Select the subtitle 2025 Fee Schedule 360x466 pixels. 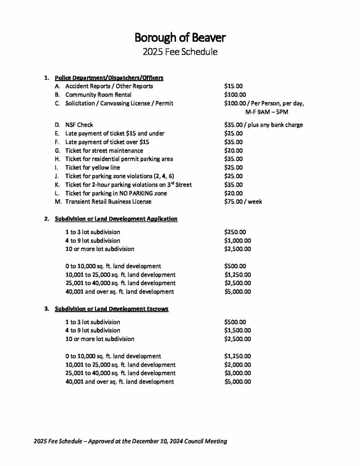(180, 51)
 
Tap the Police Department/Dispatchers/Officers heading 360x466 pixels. (109, 77)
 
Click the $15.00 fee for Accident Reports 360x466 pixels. (234, 86)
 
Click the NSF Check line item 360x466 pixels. (79, 125)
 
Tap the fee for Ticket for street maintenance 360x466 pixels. (234, 150)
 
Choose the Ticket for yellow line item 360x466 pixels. (86, 167)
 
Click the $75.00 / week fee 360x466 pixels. (243, 202)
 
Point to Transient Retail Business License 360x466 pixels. (108, 202)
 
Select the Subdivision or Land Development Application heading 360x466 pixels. (116, 219)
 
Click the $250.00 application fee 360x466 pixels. (235, 232)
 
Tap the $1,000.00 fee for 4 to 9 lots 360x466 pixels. (238, 240)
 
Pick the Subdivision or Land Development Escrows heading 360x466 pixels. (112, 309)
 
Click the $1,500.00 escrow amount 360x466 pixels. (238, 330)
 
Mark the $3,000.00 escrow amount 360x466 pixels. (238, 373)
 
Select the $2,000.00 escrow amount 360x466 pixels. (238, 365)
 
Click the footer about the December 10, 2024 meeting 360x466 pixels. (130, 441)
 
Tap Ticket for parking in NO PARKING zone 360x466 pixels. (116, 193)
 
